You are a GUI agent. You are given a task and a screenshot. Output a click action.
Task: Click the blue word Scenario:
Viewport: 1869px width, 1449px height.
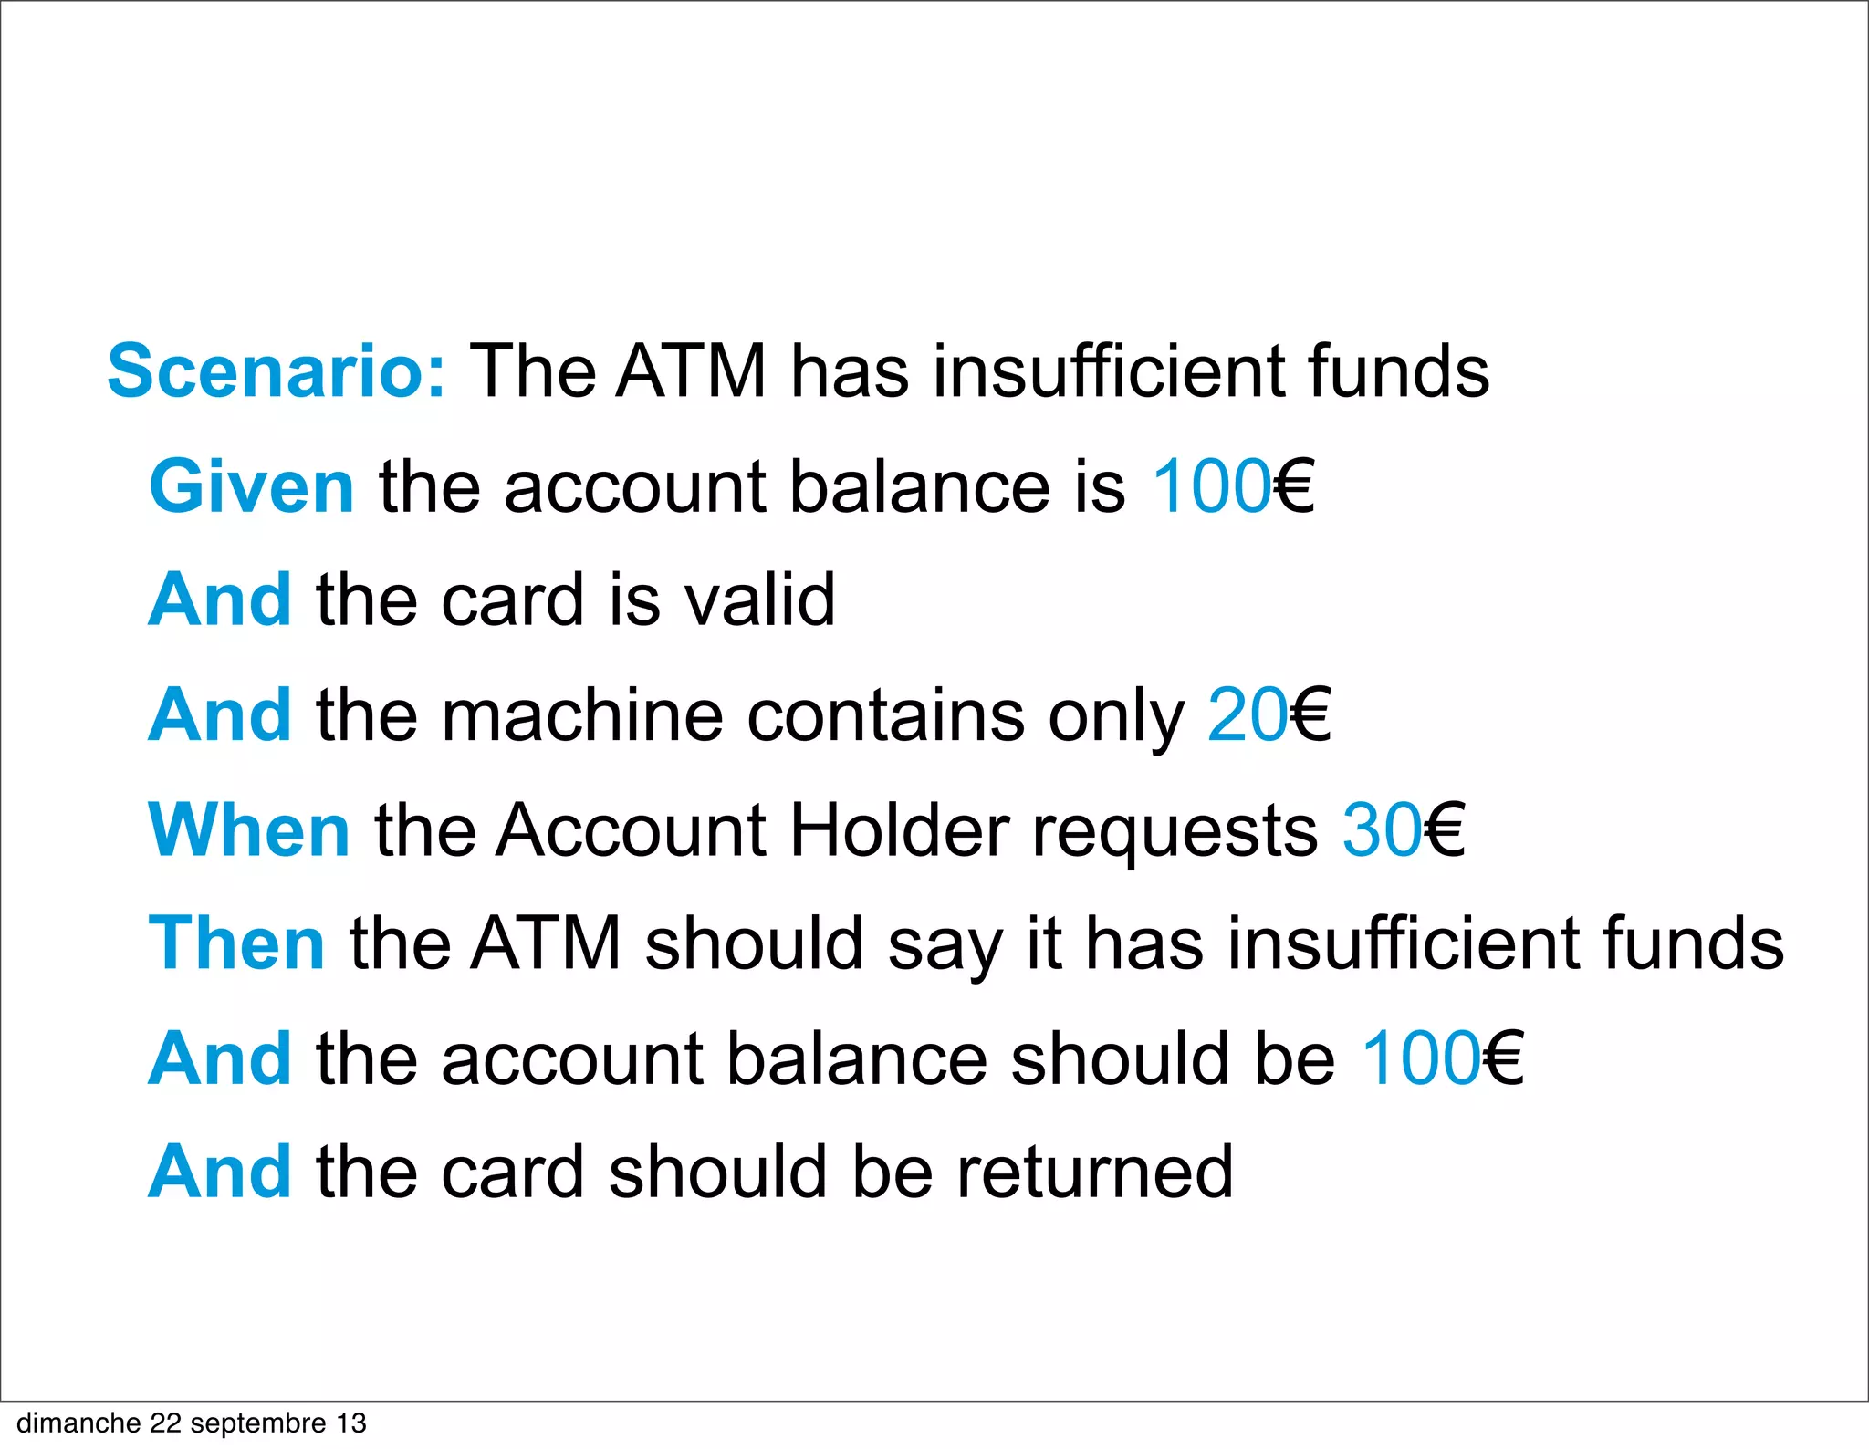[x=277, y=371]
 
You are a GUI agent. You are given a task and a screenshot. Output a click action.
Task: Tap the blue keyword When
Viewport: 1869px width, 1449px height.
[x=249, y=829]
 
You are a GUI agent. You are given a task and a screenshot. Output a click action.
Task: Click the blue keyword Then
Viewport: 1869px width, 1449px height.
[x=237, y=943]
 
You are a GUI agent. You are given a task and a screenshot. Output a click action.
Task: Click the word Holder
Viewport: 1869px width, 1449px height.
[x=899, y=829]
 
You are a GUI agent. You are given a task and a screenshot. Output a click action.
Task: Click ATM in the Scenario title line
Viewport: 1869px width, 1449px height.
[x=691, y=371]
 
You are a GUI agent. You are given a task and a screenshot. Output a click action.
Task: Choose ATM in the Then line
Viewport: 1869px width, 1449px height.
[x=546, y=943]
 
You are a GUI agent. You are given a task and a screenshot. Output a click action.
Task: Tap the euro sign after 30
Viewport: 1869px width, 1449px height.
[x=1444, y=829]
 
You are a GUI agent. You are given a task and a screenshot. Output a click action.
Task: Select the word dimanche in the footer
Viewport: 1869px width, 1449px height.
[x=78, y=1423]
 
